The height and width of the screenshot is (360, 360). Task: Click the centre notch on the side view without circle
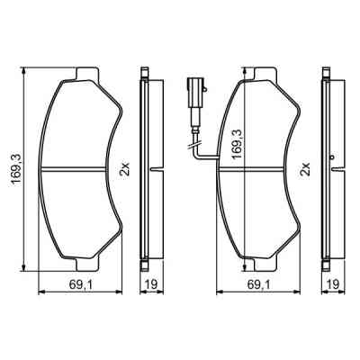click(x=155, y=169)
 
